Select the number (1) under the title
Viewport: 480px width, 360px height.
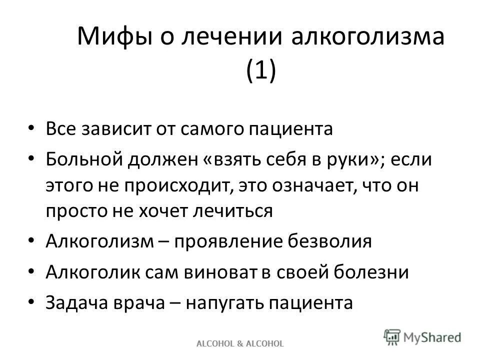point(260,70)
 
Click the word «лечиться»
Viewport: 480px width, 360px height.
point(239,210)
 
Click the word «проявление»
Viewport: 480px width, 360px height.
point(229,242)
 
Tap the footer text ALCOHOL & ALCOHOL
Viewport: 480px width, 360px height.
point(240,343)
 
